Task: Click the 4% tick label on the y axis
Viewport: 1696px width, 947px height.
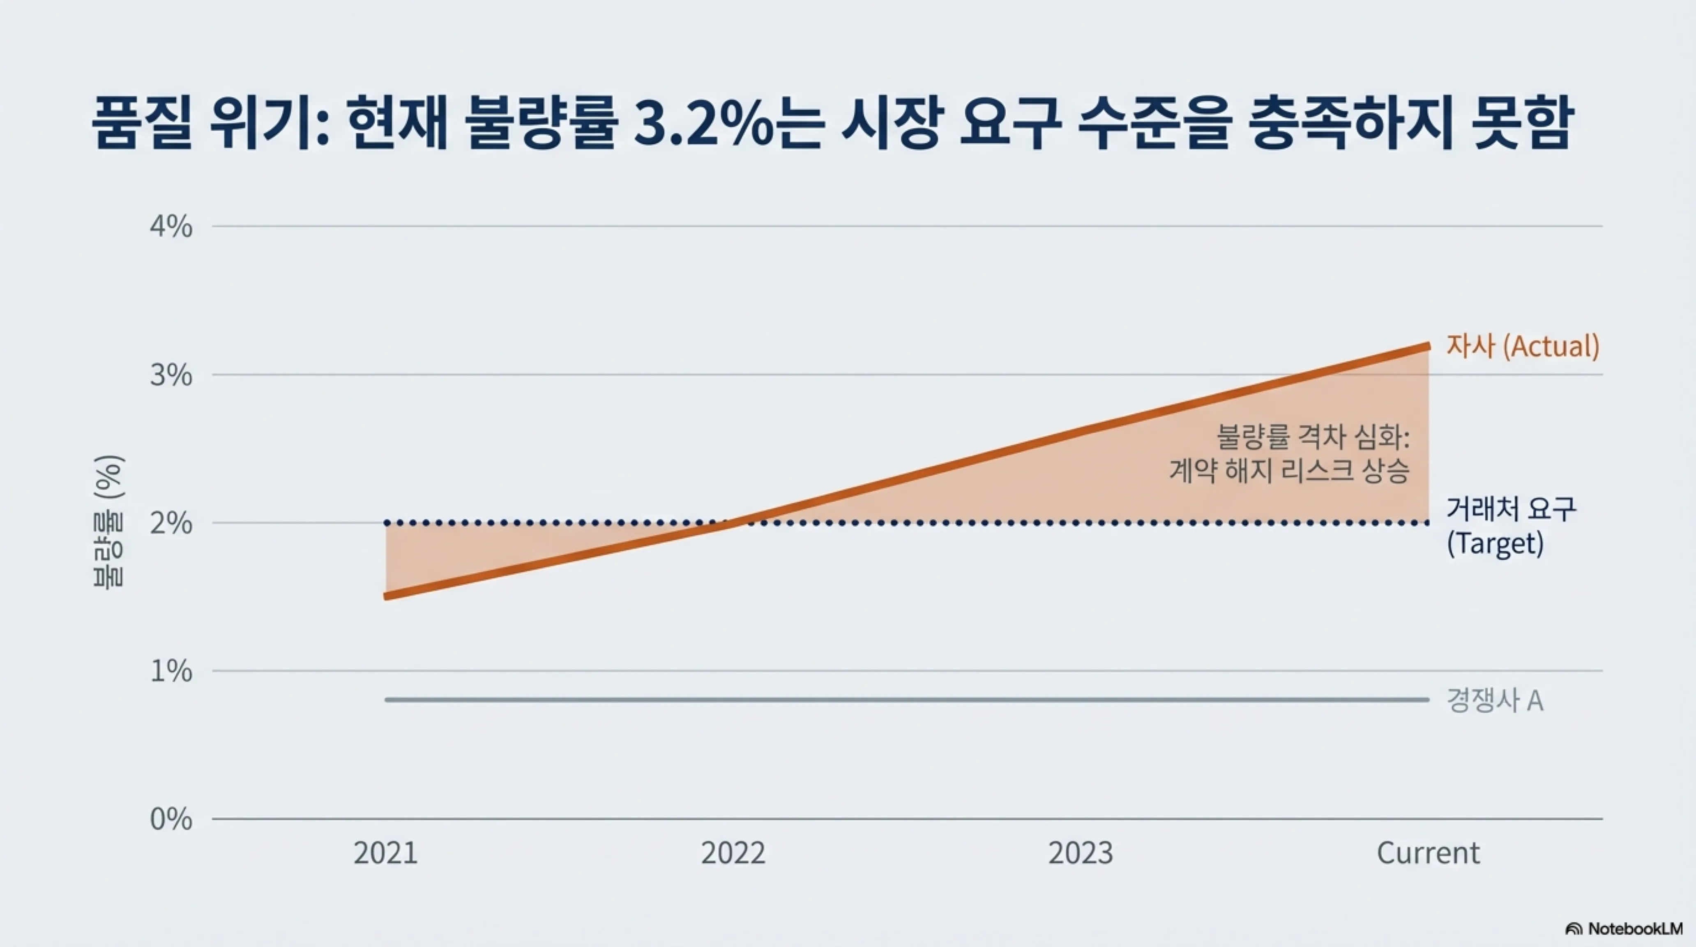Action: [171, 227]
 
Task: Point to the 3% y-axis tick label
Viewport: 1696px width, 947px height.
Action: [171, 375]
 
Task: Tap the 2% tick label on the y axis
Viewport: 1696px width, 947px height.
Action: [171, 524]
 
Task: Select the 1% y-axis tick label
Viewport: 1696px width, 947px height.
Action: [171, 672]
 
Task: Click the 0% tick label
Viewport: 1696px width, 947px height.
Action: [171, 820]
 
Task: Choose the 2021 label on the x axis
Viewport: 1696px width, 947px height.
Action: [386, 853]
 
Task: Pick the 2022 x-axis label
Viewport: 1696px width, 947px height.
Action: [733, 853]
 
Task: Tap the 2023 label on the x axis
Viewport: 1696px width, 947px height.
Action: [1081, 853]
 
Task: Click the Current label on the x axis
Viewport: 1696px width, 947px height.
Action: [1428, 853]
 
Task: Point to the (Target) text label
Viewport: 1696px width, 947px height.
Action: [1495, 543]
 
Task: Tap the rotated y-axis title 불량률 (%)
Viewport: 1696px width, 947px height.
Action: [108, 522]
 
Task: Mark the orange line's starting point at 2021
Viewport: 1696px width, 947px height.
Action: [387, 596]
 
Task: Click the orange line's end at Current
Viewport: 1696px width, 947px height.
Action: [1427, 346]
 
